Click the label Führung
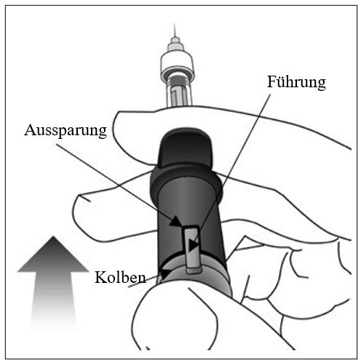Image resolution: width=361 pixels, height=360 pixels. coord(296,83)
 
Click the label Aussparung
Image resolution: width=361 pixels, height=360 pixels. coord(66,130)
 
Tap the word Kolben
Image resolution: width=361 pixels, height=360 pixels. coord(120,277)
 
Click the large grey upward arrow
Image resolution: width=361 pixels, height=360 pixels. coord(53,284)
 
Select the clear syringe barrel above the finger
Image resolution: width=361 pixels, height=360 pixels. coord(179,93)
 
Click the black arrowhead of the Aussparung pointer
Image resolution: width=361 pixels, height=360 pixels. coord(175,221)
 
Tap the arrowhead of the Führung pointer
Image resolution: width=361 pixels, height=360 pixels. coord(194,245)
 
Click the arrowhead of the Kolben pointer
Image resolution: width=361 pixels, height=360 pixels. coord(165,274)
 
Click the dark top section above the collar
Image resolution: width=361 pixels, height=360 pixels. coord(185,147)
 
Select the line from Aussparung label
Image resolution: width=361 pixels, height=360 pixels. coord(114,182)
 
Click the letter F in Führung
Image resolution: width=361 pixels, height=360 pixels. coord(271,81)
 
